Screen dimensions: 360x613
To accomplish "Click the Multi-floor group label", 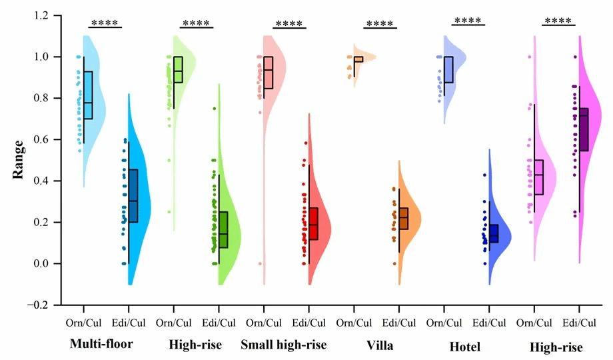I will point(101,345).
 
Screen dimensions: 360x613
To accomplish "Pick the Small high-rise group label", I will point(284,345).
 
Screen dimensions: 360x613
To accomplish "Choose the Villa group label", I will point(379,345).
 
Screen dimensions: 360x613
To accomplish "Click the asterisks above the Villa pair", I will point(380,25).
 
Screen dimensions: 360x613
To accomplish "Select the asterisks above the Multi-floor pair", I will point(105,23).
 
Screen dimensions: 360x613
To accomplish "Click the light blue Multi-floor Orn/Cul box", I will point(88,95).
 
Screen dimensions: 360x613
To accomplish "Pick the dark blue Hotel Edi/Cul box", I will point(493,233).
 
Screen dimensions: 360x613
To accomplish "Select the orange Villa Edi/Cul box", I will point(404,219).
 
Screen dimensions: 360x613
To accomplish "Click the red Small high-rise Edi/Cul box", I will point(313,223).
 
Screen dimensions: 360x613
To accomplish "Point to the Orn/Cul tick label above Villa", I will point(353,323).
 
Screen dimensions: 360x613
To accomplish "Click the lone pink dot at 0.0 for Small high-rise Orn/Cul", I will point(260,263).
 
